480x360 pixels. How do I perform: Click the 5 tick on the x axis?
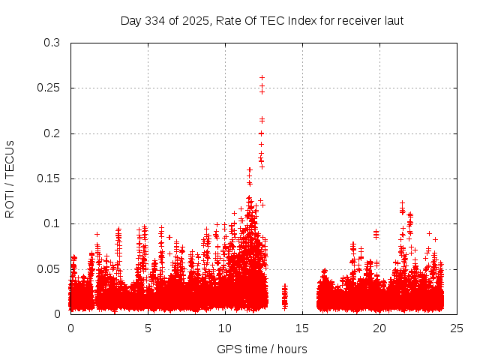click(148, 328)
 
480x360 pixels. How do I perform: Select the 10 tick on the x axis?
click(225, 328)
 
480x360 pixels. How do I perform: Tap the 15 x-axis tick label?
click(302, 328)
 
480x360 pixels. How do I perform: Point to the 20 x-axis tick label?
click(379, 328)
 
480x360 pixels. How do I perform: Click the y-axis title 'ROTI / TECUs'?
click(10, 178)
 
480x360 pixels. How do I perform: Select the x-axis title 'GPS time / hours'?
click(262, 349)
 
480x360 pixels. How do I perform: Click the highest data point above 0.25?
click(262, 77)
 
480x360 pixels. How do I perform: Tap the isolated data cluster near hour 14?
click(284, 297)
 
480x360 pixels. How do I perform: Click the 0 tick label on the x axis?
click(70, 328)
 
